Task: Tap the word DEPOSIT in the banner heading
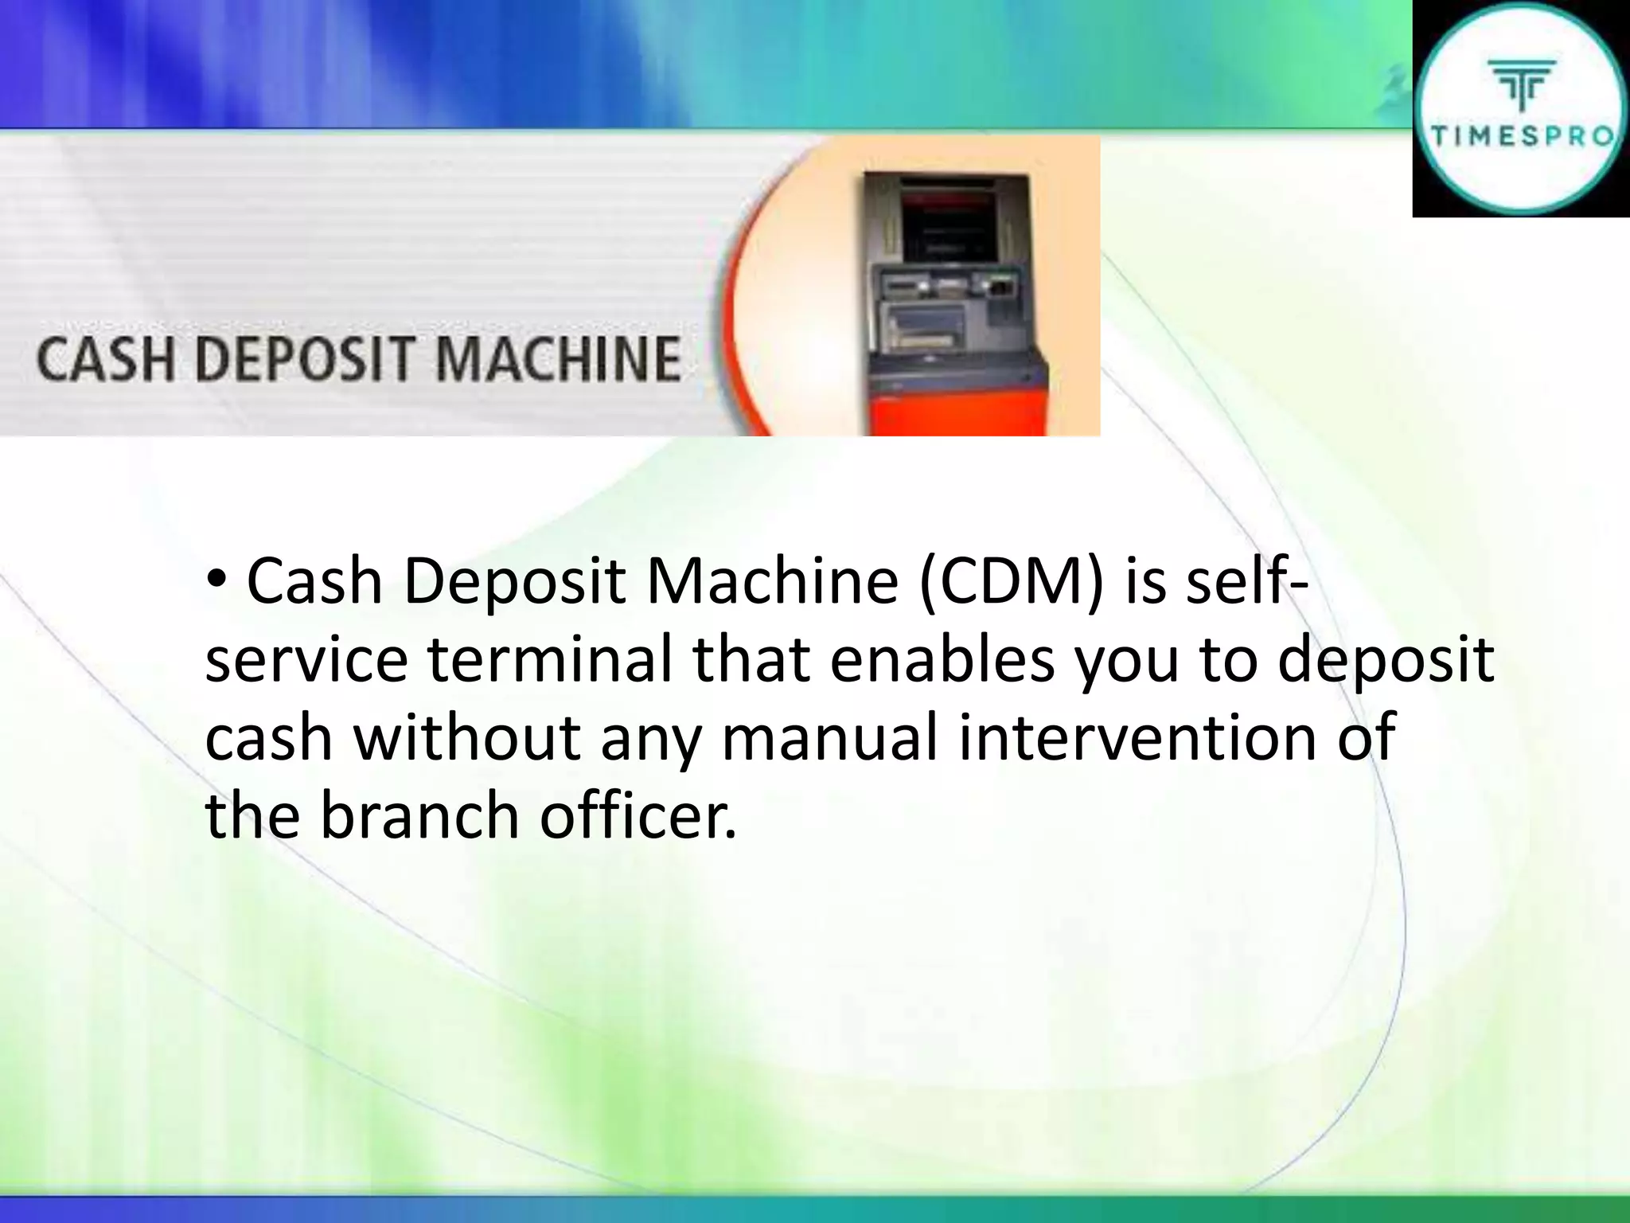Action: [x=305, y=360]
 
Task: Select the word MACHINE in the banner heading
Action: [x=558, y=360]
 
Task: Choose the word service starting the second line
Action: [x=306, y=661]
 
